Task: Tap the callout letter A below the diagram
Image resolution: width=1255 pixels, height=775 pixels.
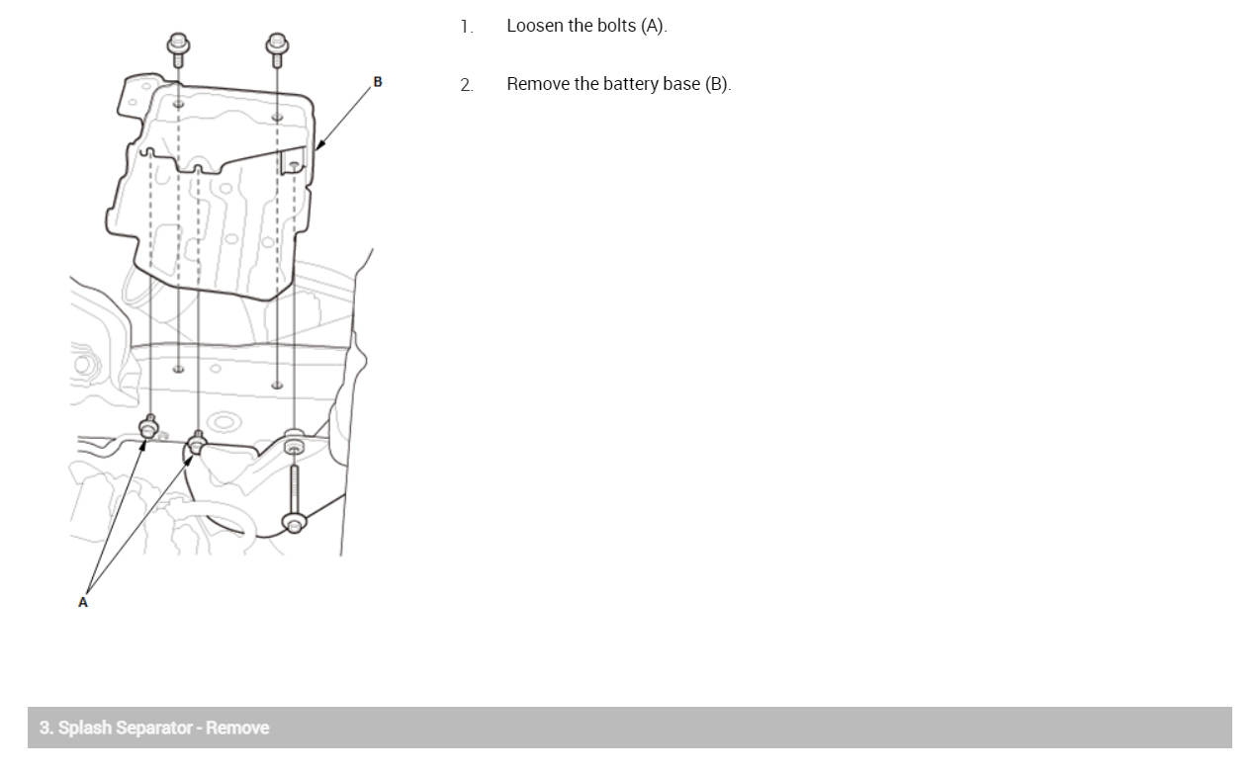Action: (83, 601)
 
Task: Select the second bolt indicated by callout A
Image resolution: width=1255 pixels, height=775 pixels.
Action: (197, 444)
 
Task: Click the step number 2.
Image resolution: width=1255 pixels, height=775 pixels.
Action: (466, 85)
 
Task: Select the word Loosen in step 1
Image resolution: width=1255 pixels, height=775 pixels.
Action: (535, 26)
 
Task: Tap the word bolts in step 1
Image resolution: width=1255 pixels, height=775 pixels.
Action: (616, 26)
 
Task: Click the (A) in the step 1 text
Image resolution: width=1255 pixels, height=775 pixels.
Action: (654, 26)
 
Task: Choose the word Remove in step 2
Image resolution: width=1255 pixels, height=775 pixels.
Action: (538, 84)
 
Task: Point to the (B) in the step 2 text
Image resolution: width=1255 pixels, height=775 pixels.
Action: (717, 84)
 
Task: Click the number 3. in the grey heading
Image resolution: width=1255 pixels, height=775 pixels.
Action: (45, 728)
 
